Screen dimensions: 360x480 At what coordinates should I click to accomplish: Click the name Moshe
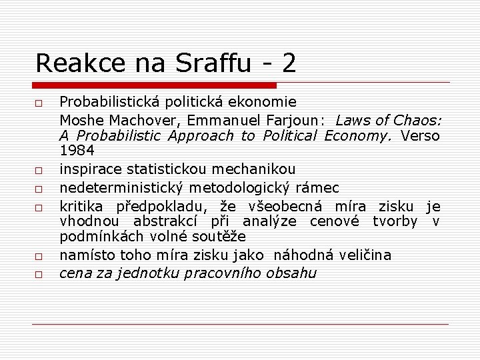79,120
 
